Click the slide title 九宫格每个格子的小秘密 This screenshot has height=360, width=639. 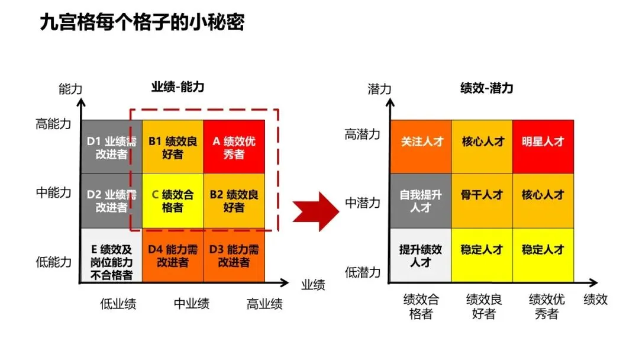tap(142, 22)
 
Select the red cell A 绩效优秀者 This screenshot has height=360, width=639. tap(234, 147)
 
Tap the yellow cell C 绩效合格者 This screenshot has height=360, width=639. tap(173, 201)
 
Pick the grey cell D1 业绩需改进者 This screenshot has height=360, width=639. tap(111, 147)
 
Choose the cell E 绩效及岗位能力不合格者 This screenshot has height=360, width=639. tap(111, 256)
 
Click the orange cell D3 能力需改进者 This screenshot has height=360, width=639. tap(234, 255)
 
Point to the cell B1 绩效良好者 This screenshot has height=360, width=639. tap(173, 147)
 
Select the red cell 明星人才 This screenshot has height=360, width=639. tap(543, 142)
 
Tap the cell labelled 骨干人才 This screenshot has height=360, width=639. tap(482, 195)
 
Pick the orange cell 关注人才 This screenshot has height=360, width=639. tap(420, 142)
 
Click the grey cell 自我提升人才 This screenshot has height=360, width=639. tap(420, 201)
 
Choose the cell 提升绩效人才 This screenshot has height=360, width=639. tap(420, 255)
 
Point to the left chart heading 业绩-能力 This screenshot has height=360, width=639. tap(177, 87)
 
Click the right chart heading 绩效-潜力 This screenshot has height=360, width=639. tap(487, 88)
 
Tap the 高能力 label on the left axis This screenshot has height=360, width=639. tap(53, 124)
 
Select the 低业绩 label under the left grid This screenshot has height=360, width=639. tap(118, 304)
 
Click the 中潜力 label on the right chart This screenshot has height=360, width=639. tap(362, 203)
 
